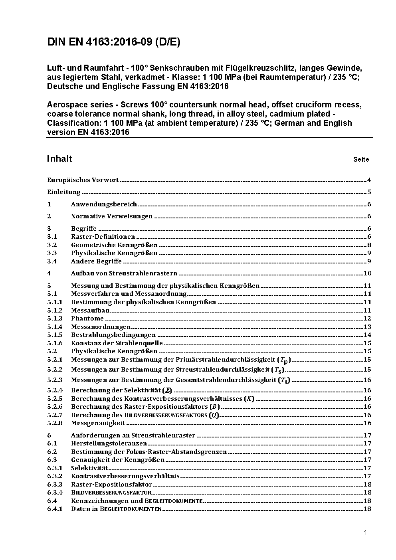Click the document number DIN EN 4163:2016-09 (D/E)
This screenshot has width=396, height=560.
[113, 42]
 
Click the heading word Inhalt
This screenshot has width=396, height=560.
[59, 159]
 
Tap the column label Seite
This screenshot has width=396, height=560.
[361, 160]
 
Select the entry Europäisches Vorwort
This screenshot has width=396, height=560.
[83, 180]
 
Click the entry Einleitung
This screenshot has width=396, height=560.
[63, 192]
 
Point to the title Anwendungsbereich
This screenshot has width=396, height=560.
[104, 204]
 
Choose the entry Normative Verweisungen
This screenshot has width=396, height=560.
[112, 216]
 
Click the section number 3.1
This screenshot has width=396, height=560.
[52, 237]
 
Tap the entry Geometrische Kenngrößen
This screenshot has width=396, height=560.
[114, 245]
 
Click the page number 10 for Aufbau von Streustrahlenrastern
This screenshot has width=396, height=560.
[367, 273]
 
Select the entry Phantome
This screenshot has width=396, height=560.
[87, 319]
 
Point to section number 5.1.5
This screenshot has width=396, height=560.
[55, 335]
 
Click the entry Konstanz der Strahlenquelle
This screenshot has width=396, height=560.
[117, 343]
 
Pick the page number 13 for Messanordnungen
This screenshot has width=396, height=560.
[367, 327]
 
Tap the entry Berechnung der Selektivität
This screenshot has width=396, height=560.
[121, 390]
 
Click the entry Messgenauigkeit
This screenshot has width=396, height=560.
[98, 423]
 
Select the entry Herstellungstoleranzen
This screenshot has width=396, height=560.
[109, 443]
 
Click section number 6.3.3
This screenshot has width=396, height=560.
[55, 485]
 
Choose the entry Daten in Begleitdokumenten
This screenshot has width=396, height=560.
[116, 509]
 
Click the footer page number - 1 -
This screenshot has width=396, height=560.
[365, 532]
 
